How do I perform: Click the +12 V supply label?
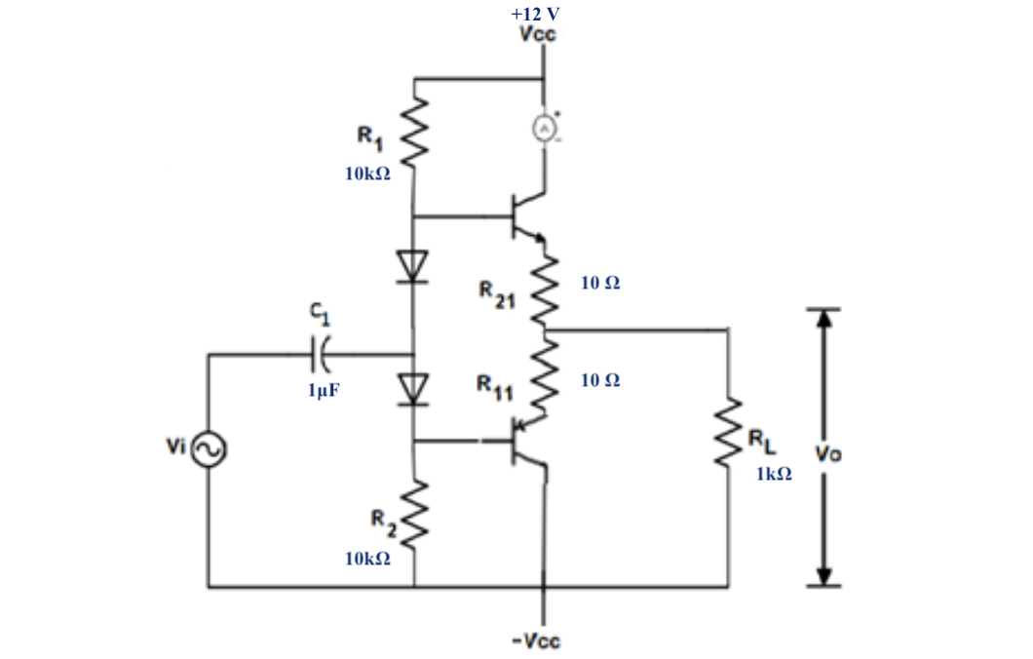pyautogui.click(x=535, y=15)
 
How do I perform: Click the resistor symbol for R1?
pyautogui.click(x=415, y=136)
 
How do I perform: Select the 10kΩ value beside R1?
pyautogui.click(x=367, y=175)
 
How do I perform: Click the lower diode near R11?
pyautogui.click(x=415, y=389)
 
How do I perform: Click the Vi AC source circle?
pyautogui.click(x=209, y=448)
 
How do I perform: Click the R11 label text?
pyautogui.click(x=494, y=388)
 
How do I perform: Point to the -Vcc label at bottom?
pyautogui.click(x=536, y=640)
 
